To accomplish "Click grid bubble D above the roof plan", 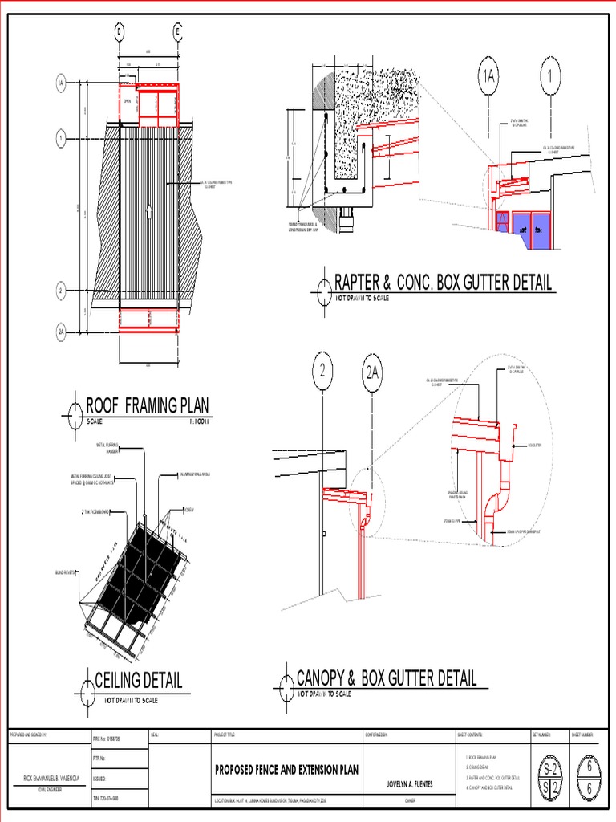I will pyautogui.click(x=120, y=32).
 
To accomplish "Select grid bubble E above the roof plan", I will pyautogui.click(x=178, y=32).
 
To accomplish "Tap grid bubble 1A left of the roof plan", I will pyautogui.click(x=60, y=83).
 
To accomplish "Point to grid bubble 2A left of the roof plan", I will pyautogui.click(x=60, y=331).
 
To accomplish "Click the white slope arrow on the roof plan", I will pyautogui.click(x=148, y=212).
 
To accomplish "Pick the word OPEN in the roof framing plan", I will pyautogui.click(x=127, y=101).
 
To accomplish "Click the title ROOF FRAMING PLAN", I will pyautogui.click(x=142, y=405).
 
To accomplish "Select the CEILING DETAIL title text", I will pyautogui.click(x=138, y=681).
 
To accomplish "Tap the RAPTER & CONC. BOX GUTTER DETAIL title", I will pyautogui.click(x=443, y=283).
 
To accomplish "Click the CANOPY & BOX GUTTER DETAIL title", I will pyautogui.click(x=387, y=678).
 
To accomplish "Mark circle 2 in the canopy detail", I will pyautogui.click(x=322, y=372).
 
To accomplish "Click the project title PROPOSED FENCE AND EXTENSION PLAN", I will pyautogui.click(x=286, y=770).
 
